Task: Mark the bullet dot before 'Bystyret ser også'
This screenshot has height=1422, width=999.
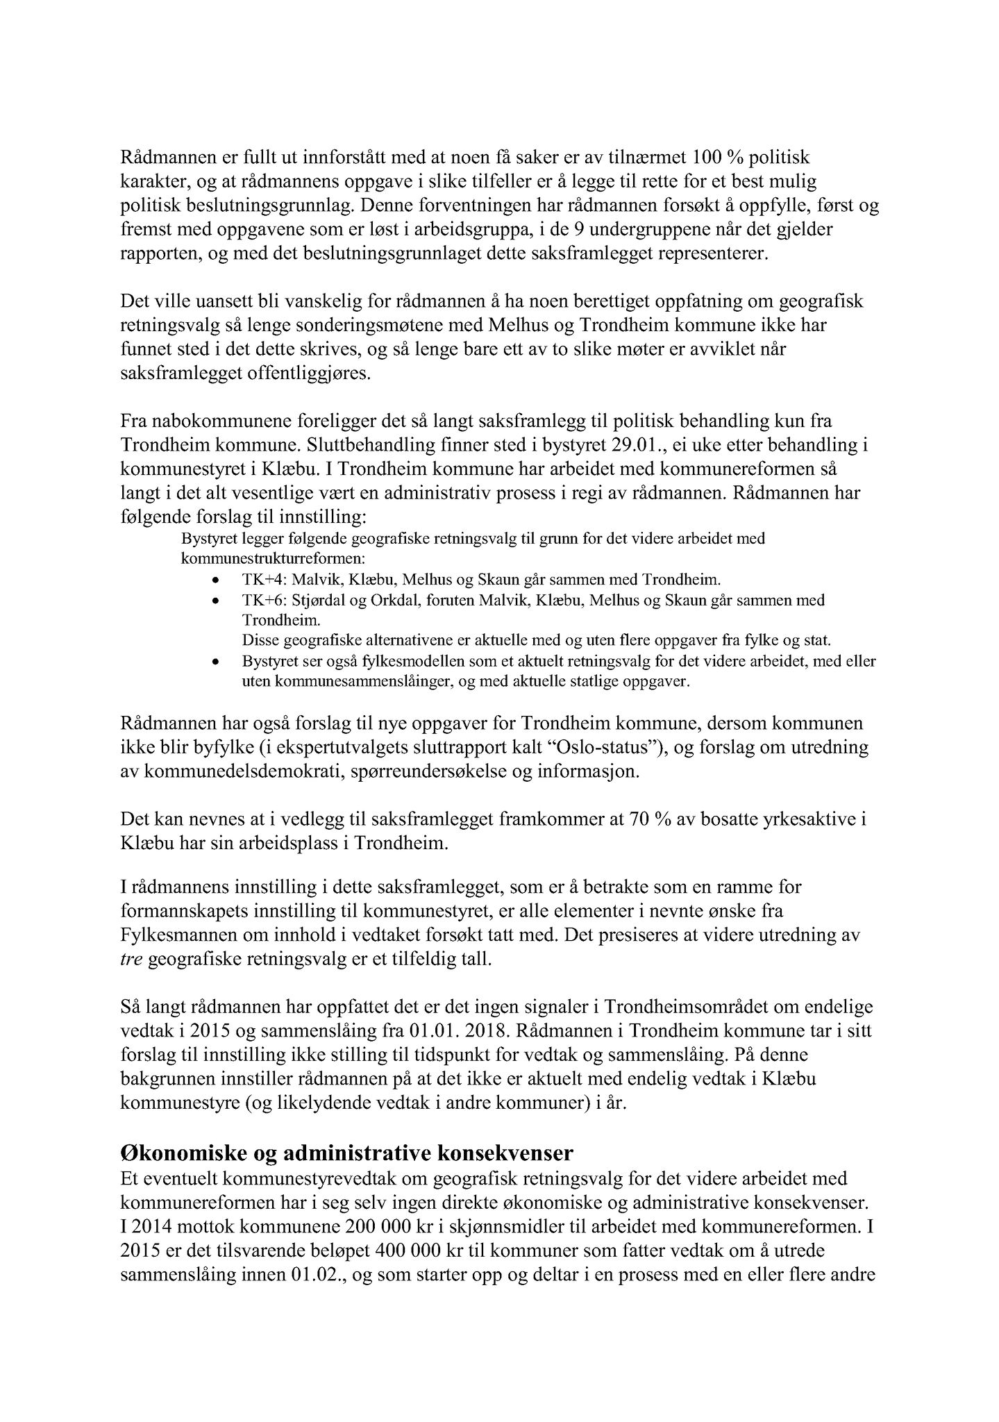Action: [x=217, y=662]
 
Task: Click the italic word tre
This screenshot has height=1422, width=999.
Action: [x=131, y=960]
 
